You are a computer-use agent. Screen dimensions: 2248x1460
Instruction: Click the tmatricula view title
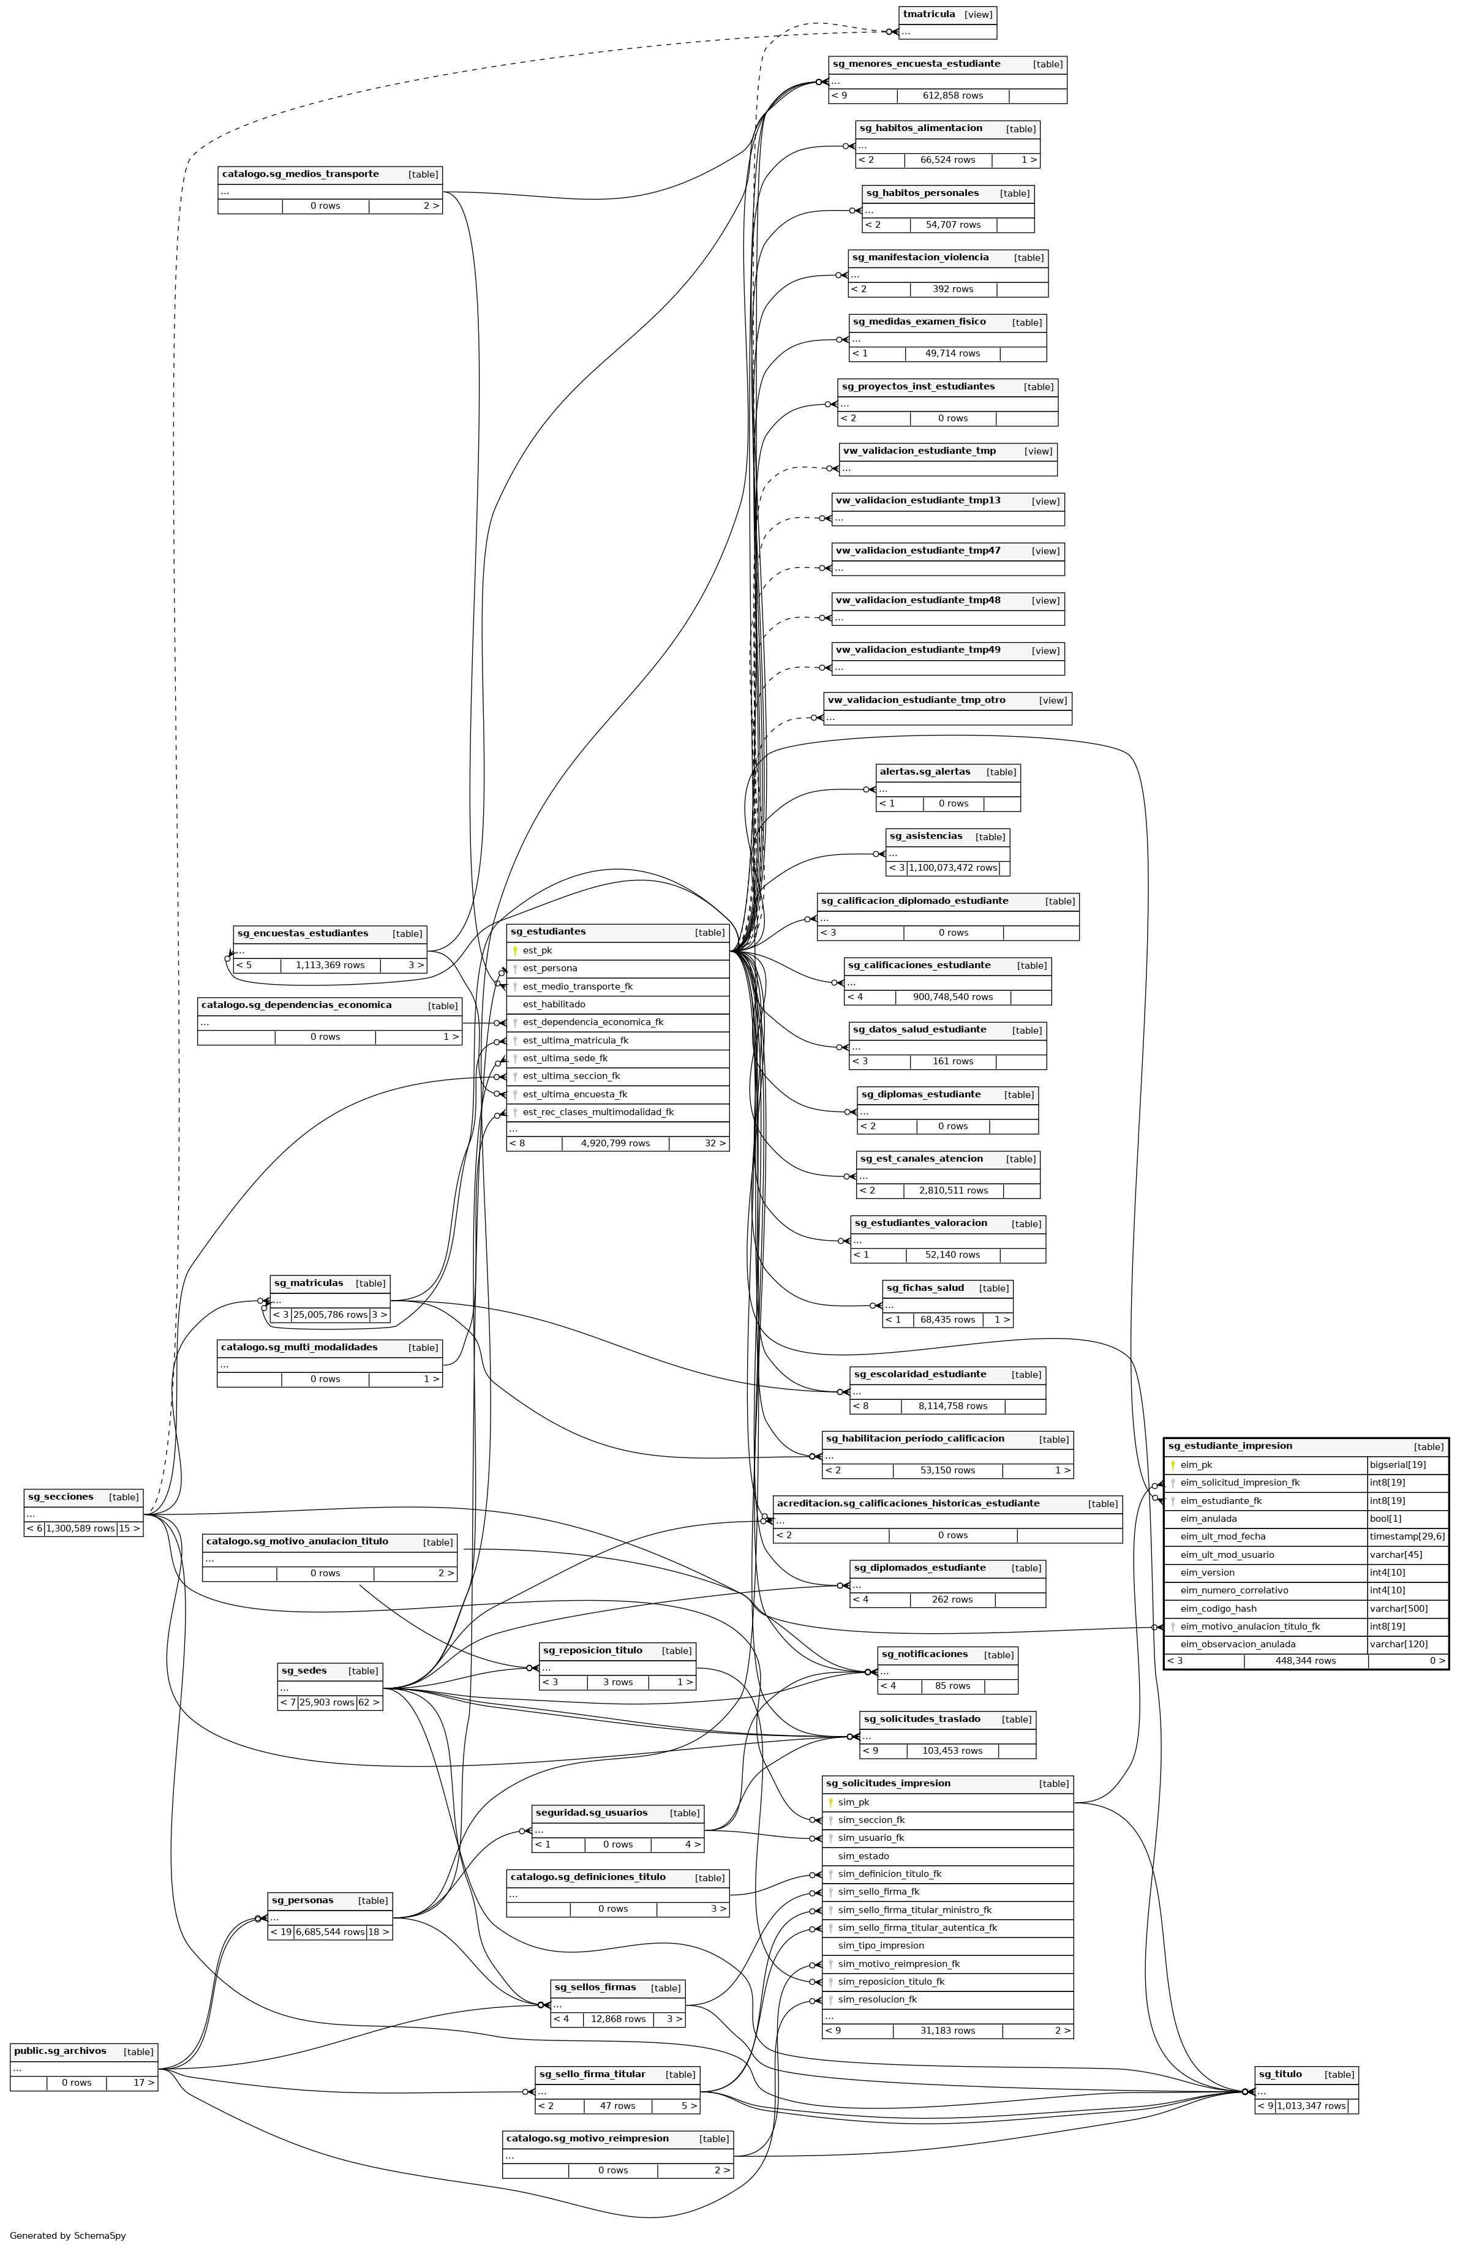tap(929, 14)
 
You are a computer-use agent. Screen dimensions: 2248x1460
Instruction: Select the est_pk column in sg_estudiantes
tap(537, 950)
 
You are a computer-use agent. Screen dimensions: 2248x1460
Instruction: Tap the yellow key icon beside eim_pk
tap(1172, 1465)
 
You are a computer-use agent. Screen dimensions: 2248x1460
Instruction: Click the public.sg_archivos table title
tap(61, 2051)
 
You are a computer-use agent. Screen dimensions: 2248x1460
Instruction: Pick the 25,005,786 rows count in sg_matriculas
tap(331, 1314)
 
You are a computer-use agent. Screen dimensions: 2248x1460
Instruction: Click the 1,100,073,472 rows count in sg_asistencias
tap(953, 867)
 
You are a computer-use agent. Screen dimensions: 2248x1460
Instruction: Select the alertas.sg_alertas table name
tap(925, 772)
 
